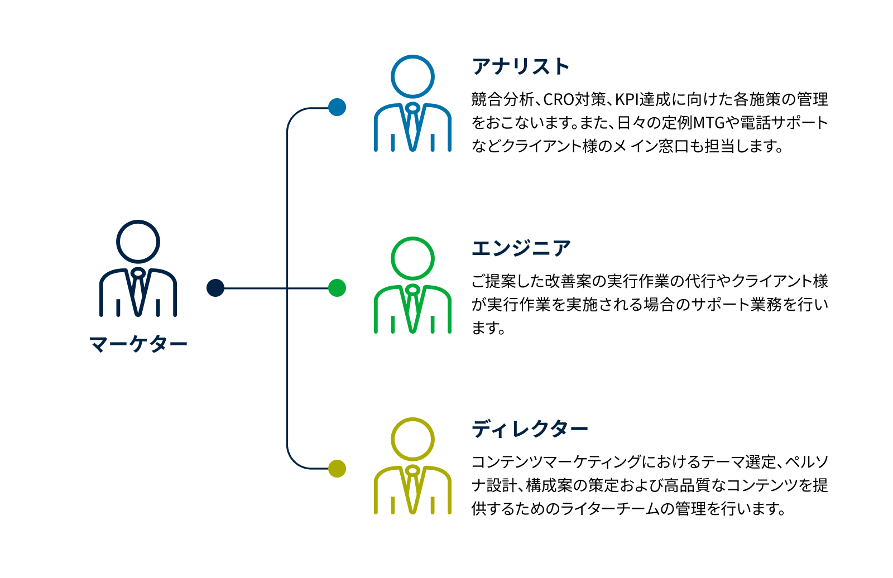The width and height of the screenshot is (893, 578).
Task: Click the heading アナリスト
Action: coord(520,66)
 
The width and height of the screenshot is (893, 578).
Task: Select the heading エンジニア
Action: coord(521,248)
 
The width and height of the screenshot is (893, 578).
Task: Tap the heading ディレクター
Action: coord(530,429)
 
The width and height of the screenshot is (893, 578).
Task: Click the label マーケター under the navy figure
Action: coord(138,344)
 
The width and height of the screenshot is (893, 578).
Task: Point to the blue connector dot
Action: coord(337,107)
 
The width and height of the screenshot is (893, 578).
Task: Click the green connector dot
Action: coord(337,288)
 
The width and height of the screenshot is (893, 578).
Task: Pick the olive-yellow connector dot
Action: coord(337,469)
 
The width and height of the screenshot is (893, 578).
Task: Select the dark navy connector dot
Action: coord(215,288)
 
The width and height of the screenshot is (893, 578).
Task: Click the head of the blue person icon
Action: coord(412,77)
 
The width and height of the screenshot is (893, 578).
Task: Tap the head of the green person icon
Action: coord(412,258)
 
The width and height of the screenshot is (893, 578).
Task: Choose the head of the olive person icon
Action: coord(412,439)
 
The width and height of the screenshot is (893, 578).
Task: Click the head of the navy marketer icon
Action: coord(138,242)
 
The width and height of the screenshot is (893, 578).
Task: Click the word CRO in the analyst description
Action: coord(559,100)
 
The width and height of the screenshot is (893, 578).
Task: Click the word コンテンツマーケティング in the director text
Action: coord(555,463)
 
